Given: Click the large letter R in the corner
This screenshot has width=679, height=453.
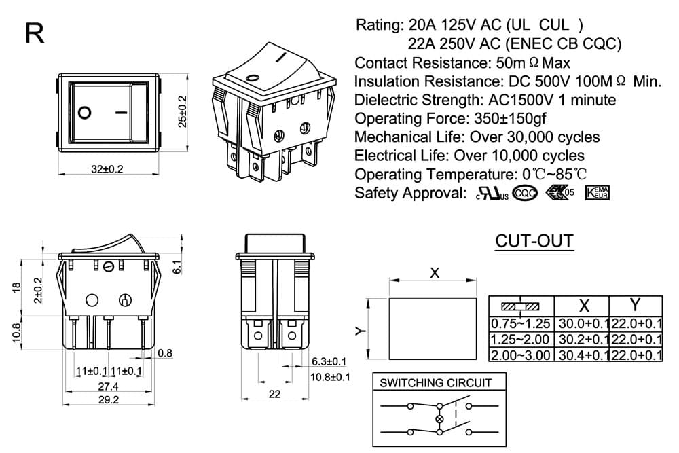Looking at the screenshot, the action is (35, 33).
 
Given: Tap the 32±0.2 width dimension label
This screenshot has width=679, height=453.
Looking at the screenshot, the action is (107, 169).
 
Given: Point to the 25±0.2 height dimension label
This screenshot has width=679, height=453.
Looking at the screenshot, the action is (182, 111).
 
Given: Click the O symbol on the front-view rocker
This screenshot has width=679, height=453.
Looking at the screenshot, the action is (85, 113).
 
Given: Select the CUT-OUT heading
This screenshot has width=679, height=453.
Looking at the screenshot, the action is (534, 241).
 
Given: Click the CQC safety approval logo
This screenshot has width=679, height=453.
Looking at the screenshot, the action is (525, 193).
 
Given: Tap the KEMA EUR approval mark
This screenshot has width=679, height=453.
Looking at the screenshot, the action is (597, 193).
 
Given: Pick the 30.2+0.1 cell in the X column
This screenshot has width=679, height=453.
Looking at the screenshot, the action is (584, 339).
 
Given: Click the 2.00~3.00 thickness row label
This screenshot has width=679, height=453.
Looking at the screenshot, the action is (521, 355).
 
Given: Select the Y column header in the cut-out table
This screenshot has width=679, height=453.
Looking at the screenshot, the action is (635, 306).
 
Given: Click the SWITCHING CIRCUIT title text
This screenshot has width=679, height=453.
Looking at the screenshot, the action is (436, 383).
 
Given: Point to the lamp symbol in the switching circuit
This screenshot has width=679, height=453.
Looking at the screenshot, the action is (440, 419).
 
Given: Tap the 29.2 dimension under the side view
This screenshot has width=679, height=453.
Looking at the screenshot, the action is (108, 399).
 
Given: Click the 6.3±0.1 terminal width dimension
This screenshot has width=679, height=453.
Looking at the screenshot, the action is (329, 361).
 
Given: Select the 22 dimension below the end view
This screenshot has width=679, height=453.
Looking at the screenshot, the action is (274, 394).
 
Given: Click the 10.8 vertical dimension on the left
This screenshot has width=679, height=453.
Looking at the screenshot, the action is (16, 333).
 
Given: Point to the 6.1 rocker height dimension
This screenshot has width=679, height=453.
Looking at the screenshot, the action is (177, 267).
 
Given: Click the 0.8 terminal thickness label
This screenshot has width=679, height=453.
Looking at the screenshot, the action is (165, 353).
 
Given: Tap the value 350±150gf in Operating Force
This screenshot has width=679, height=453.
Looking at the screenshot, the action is (510, 118).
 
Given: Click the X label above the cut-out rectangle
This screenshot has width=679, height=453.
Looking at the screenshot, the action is (435, 273).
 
